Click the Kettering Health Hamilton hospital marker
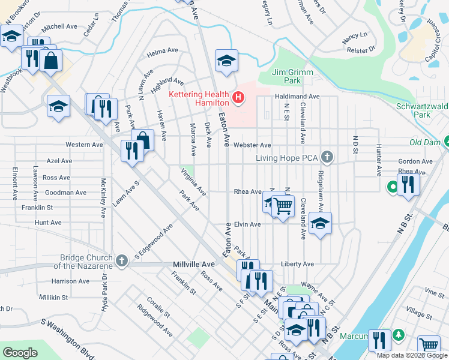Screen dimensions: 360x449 pyautogui.click(x=239, y=97)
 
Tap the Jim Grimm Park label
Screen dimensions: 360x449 pyautogui.click(x=286, y=76)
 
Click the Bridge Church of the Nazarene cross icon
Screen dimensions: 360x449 pyautogui.click(x=122, y=260)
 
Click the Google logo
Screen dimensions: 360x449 pyautogui.click(x=20, y=353)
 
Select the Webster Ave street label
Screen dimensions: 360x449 pyautogui.click(x=253, y=145)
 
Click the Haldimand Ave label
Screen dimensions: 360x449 pyautogui.click(x=297, y=96)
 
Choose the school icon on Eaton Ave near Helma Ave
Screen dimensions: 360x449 pyautogui.click(x=226, y=60)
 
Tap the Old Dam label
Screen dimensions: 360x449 pyautogui.click(x=424, y=142)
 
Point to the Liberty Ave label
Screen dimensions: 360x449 pyautogui.click(x=297, y=264)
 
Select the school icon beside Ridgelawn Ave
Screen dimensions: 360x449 pyautogui.click(x=321, y=224)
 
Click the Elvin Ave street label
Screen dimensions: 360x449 pyautogui.click(x=247, y=224)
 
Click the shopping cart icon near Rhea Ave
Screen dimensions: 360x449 pyautogui.click(x=283, y=206)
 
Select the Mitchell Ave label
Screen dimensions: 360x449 pyautogui.click(x=60, y=26)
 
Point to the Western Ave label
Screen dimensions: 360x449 pyautogui.click(x=84, y=145)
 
